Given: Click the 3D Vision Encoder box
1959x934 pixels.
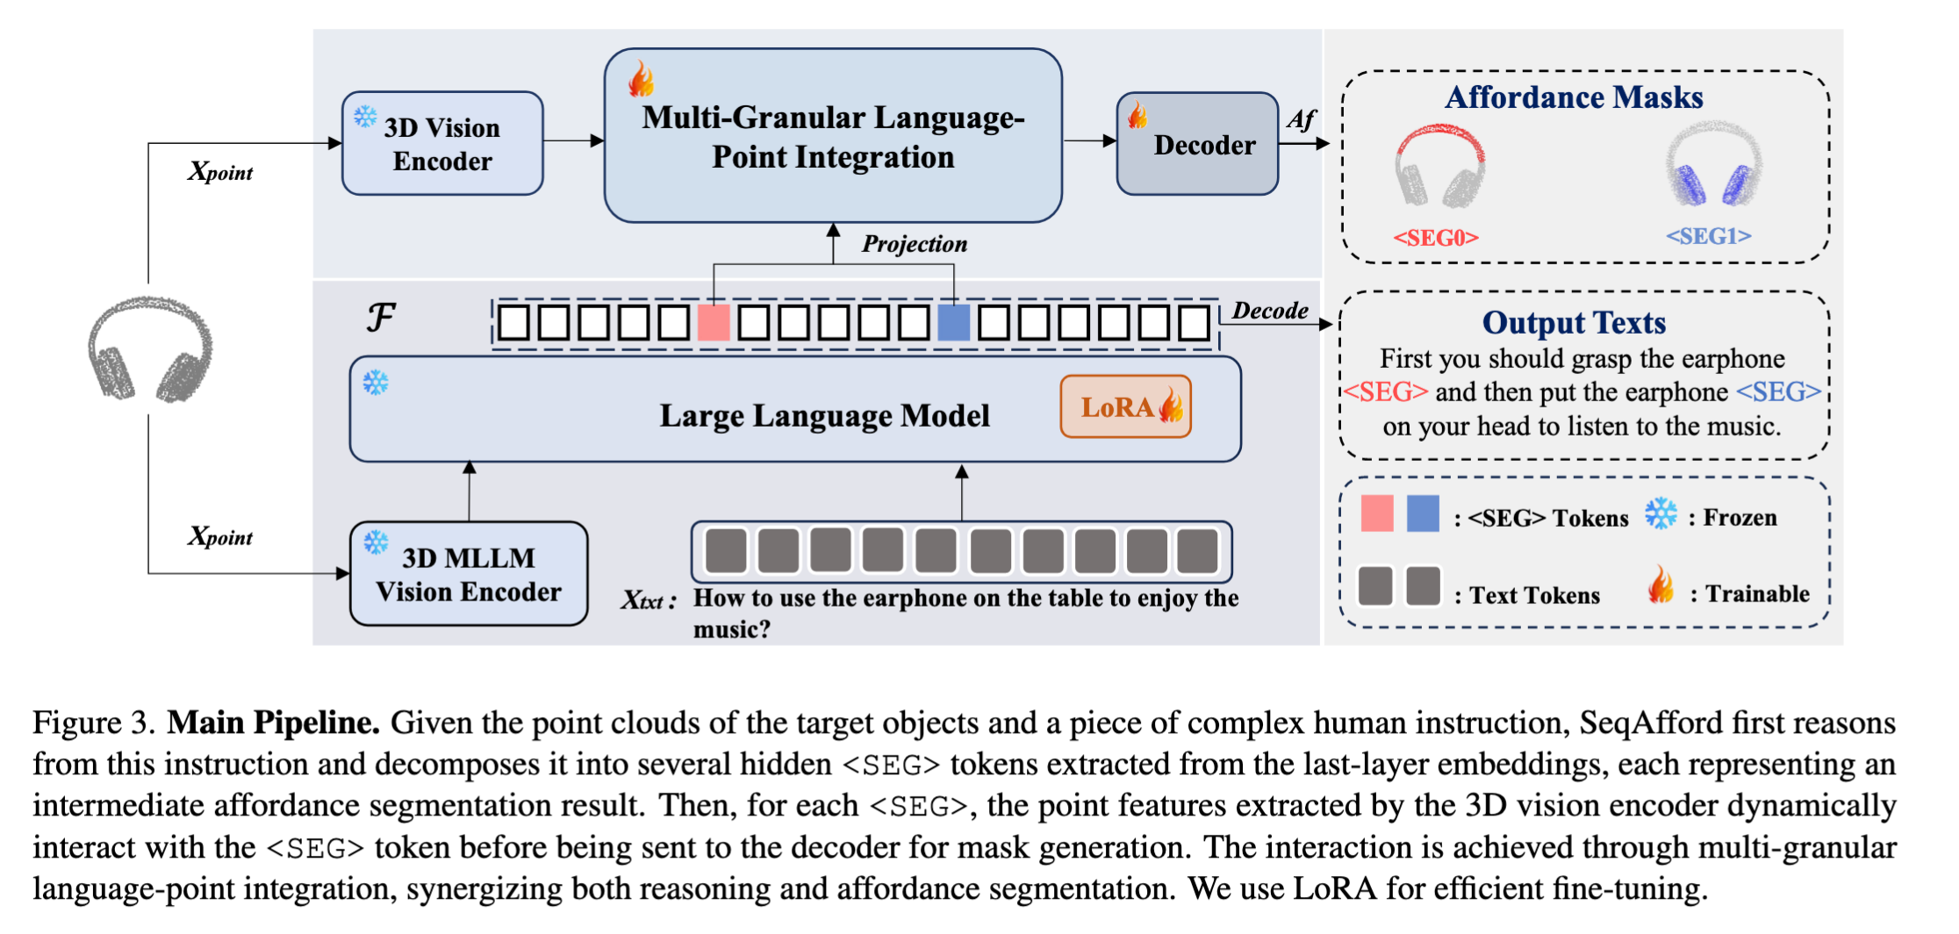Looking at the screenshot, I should (442, 143).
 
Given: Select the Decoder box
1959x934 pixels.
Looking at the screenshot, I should (1197, 143).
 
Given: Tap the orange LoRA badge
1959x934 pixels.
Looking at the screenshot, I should (1125, 406).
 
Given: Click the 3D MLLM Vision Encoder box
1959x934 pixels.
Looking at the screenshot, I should (469, 574).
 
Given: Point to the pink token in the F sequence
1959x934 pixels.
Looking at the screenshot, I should (714, 322).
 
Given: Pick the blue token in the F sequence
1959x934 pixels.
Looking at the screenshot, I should (954, 322).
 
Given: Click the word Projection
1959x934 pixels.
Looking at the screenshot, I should (915, 244).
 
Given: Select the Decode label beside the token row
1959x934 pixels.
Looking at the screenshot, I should (1270, 311).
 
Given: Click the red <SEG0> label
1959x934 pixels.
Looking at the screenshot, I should (1436, 238).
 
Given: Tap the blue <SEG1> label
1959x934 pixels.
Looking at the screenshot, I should (1709, 236).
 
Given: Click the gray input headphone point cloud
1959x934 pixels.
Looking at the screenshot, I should (150, 349).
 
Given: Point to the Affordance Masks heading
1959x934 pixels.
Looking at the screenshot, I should (1574, 97).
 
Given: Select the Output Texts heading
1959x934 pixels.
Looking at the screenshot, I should (1574, 323).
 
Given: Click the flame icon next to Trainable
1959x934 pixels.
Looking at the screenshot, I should (1661, 585).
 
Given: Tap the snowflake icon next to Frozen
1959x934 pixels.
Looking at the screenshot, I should (1661, 514).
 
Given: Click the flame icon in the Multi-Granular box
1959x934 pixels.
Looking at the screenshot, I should (642, 79).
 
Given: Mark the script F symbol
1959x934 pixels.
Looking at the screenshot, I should (381, 317).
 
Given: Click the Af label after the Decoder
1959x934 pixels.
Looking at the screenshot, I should (1302, 119).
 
